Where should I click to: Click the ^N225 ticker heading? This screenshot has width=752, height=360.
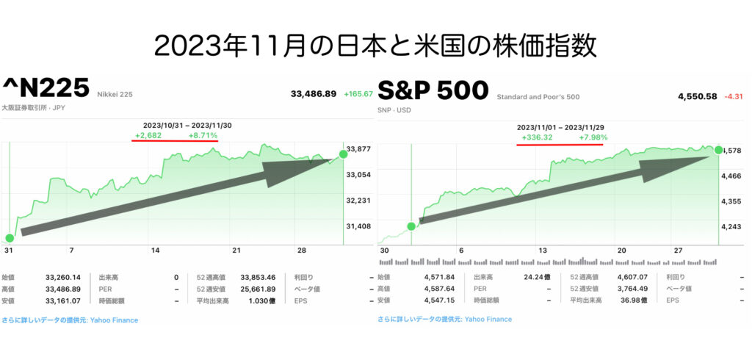point(46,88)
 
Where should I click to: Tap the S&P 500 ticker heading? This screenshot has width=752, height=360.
point(433,90)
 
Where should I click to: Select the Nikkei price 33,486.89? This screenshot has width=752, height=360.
point(314,94)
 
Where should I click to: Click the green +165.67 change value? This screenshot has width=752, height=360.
point(358,94)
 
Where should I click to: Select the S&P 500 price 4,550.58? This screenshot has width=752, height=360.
point(698,96)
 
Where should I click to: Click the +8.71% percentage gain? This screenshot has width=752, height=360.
point(203,136)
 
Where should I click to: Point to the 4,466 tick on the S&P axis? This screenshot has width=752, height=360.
point(732,176)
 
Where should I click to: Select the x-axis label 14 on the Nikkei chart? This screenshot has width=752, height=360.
point(154,251)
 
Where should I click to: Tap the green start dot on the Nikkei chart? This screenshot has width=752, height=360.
point(9,238)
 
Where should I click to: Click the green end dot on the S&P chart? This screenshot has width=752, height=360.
point(718,150)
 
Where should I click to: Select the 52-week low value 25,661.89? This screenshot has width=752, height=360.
point(258,289)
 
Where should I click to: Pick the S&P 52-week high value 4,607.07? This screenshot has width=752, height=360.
point(634,277)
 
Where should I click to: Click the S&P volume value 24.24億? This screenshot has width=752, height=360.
point(535,277)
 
